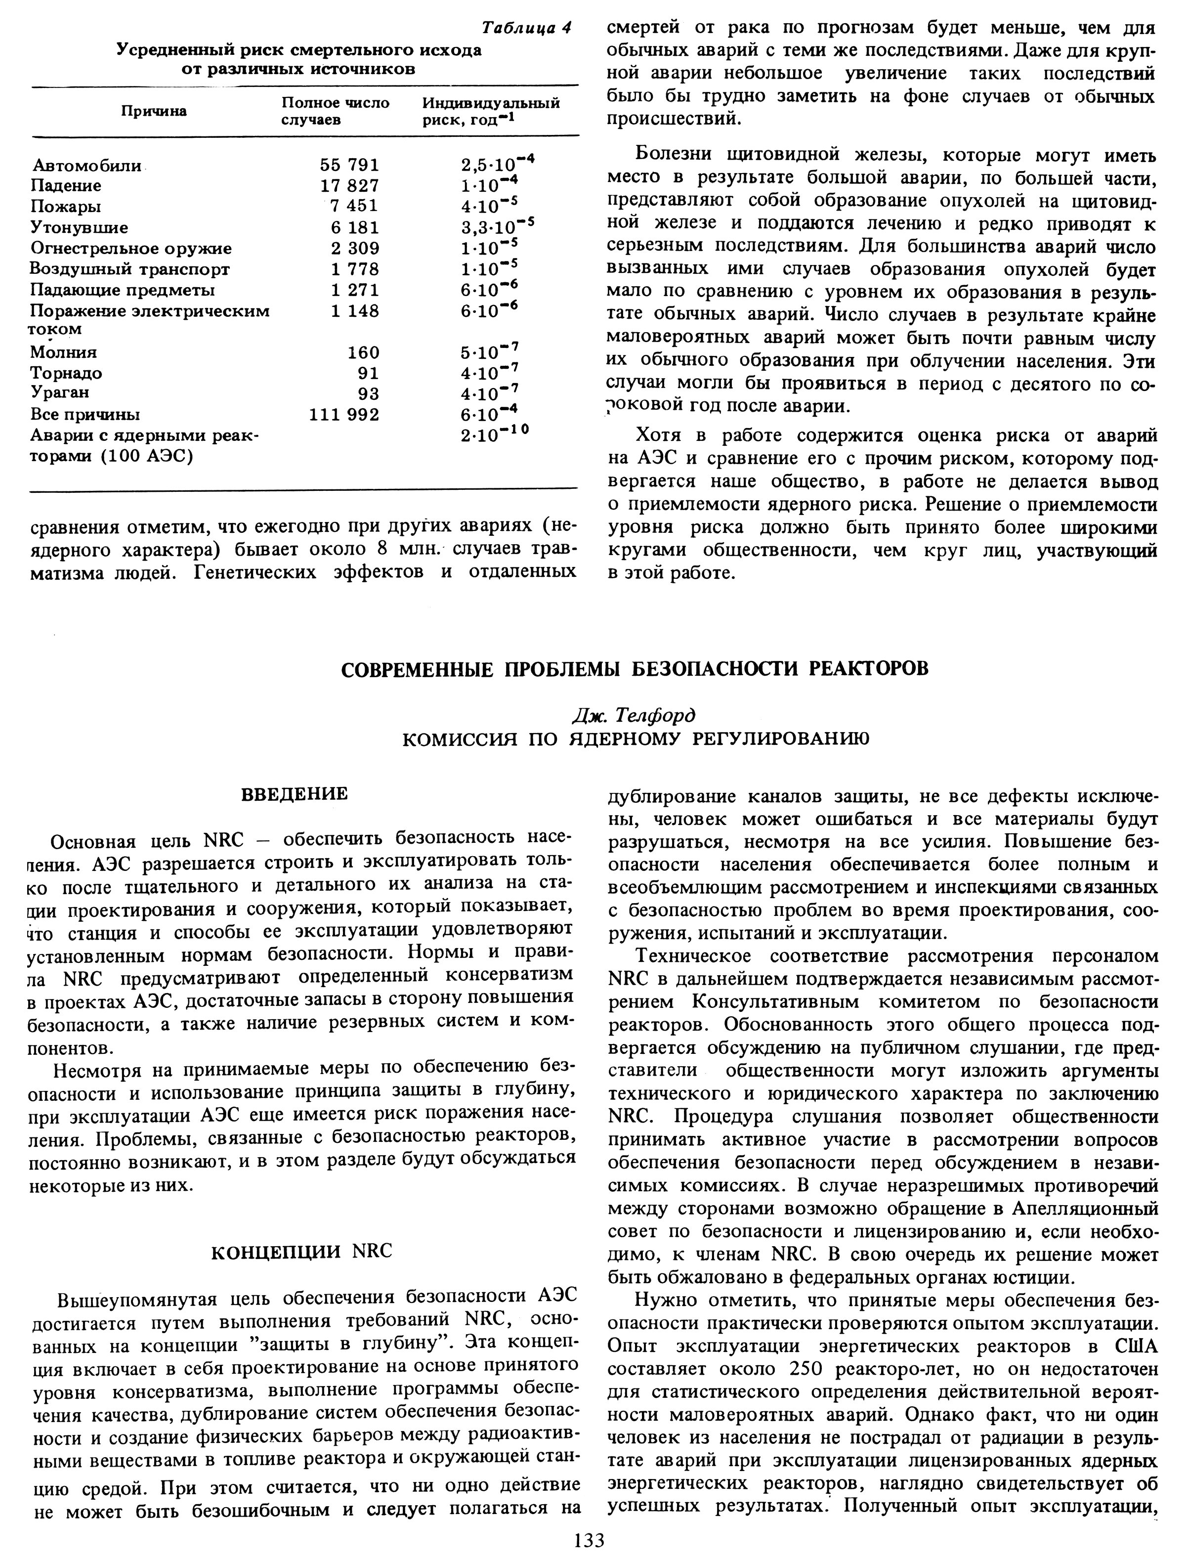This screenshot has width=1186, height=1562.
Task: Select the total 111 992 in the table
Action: [344, 415]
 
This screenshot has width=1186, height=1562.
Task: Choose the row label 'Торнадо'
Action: [66, 373]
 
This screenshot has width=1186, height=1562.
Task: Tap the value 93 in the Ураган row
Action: [369, 393]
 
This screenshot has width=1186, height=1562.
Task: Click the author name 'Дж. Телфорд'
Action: [635, 715]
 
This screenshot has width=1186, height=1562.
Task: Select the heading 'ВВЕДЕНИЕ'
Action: [295, 794]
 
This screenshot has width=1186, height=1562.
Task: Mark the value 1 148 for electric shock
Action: [355, 311]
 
